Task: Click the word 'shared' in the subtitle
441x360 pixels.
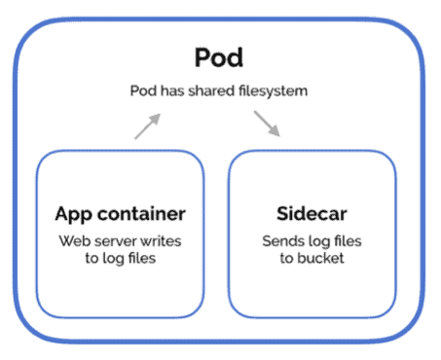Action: pos(222,90)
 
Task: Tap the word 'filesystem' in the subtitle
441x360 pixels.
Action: pos(277,90)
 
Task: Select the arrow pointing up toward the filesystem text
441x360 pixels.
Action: pos(147,126)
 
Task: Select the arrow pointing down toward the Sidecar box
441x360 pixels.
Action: pos(267,124)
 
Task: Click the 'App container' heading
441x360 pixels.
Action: pos(120,214)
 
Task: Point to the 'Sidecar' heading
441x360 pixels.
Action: pos(311,214)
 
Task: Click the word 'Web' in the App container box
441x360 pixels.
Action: pos(73,240)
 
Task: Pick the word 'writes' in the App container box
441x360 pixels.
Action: pos(162,240)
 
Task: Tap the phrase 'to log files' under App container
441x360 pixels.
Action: pos(120,259)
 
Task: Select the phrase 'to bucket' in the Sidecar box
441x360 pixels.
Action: pos(311,259)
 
